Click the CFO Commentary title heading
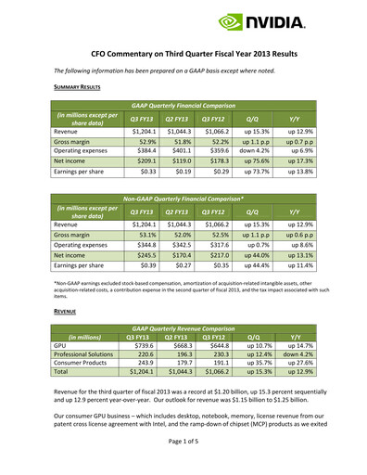pyautogui.click(x=183, y=56)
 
